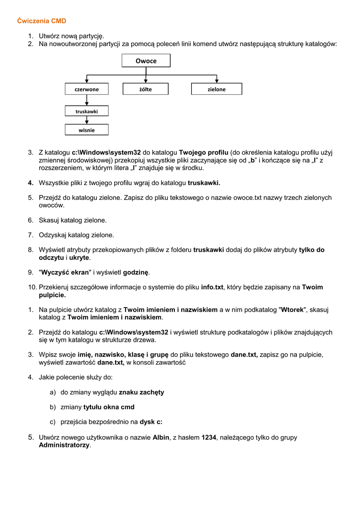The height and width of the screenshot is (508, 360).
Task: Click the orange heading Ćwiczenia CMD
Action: tap(42, 21)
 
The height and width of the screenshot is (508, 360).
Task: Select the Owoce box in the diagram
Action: tap(146, 61)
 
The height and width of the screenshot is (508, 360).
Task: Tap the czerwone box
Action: tap(86, 89)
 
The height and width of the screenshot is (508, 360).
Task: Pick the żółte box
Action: tap(145, 89)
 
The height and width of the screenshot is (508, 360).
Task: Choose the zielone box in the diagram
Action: tap(216, 89)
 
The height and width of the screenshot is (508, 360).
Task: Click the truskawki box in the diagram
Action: tap(86, 112)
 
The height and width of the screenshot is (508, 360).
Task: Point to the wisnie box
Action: tap(86, 130)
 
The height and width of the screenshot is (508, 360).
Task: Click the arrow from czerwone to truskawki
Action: tap(87, 100)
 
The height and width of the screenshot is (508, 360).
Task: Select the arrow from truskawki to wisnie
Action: tap(87, 121)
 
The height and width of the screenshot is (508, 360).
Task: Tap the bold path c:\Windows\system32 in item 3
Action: tap(106, 152)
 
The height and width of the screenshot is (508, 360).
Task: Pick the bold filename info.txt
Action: tap(213, 287)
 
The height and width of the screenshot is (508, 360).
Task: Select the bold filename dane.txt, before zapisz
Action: tap(244, 355)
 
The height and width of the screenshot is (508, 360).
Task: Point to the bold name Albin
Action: tap(161, 438)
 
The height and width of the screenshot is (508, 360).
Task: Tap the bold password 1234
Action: tap(209, 438)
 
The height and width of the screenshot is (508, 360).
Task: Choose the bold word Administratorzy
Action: tap(64, 445)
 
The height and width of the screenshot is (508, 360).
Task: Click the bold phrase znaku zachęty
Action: tap(142, 392)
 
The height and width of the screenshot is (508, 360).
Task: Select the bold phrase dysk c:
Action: tap(151, 422)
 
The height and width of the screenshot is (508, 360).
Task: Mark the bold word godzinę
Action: tap(136, 272)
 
